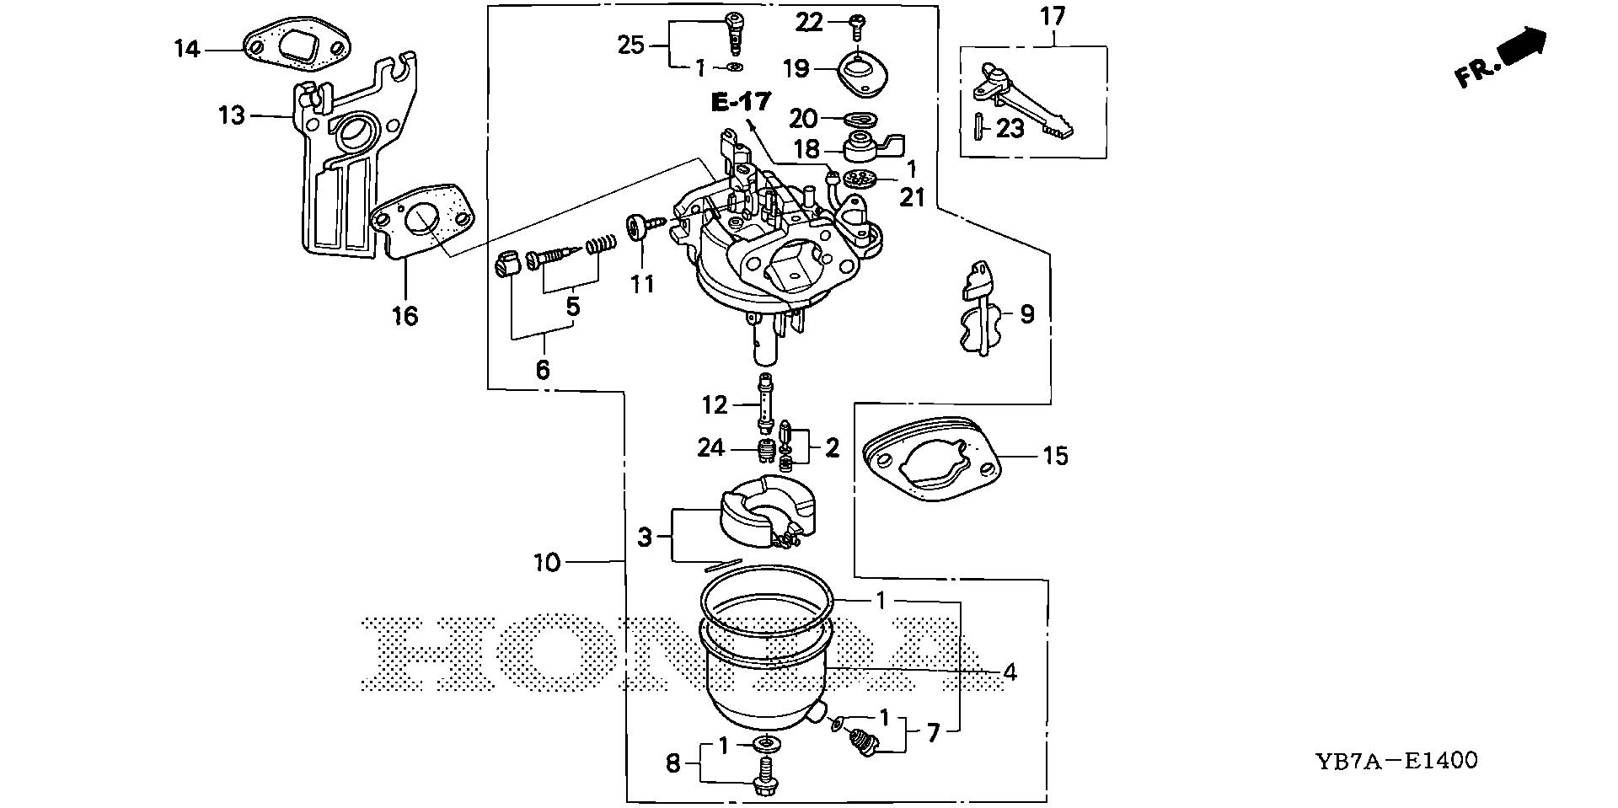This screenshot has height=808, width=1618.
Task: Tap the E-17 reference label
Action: pos(741,103)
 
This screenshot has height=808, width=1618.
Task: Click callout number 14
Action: pos(187,50)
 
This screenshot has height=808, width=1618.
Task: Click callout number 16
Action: pos(404,316)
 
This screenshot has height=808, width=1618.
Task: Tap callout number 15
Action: pos(1055,456)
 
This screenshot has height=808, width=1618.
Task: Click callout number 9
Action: pos(1026,314)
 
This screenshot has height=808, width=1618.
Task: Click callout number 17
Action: pos(1053,15)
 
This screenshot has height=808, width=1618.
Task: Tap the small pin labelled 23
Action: pos(980,128)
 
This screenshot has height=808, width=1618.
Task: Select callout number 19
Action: pos(796,68)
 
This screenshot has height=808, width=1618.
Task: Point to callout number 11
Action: pos(642,284)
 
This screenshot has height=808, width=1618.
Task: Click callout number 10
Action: pos(547,562)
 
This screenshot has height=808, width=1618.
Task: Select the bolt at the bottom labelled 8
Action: pos(766,775)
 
